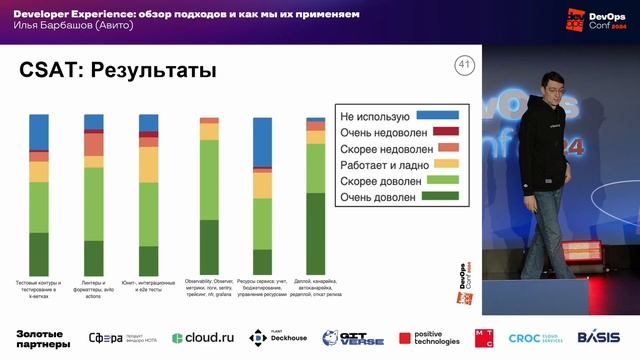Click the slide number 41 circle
tap(463, 66)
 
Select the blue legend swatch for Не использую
tap(437, 115)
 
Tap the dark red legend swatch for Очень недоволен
tap(437, 131)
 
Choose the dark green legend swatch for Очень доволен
tap(437, 197)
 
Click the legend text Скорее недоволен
tap(382, 148)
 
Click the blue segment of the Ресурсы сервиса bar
tap(263, 141)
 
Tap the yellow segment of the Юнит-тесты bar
tap(148, 164)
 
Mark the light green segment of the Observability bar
tap(209, 179)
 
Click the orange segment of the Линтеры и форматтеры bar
tap(94, 144)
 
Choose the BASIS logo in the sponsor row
tap(597, 337)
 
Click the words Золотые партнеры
tap(43, 338)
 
